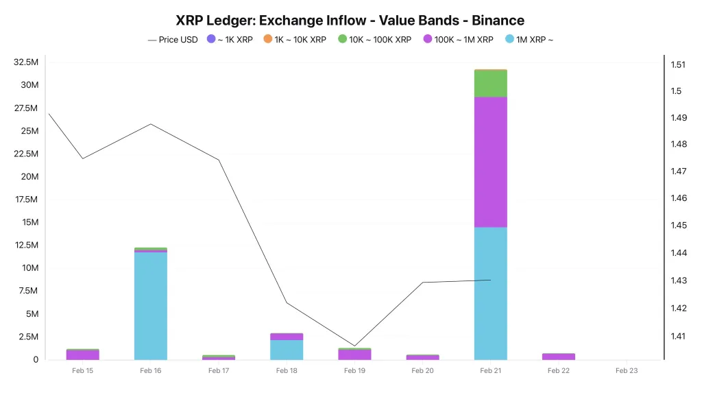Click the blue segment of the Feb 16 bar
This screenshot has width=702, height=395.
pos(151,305)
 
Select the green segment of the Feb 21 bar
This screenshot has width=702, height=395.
pos(491,84)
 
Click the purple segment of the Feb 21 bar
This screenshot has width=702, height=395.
pos(491,161)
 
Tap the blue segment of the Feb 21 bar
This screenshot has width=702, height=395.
pos(491,293)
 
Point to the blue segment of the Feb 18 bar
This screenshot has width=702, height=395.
pos(287,350)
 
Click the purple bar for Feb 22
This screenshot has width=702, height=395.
pos(559,357)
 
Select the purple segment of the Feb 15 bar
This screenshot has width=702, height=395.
pos(83,355)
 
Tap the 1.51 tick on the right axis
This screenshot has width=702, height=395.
pos(678,65)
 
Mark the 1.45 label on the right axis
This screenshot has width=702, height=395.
pos(678,226)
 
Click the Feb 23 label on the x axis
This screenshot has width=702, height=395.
pos(627,371)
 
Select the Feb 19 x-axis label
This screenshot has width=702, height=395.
pos(354,371)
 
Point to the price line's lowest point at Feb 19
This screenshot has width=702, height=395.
pos(354,346)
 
